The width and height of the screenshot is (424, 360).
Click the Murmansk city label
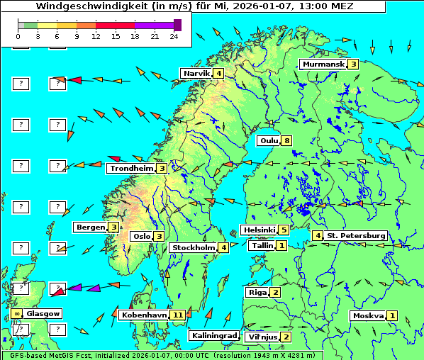[x=323, y=64]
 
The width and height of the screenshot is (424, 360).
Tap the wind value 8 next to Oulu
[x=286, y=140]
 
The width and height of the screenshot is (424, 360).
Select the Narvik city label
[x=196, y=74]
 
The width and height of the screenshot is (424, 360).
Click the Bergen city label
[x=90, y=227]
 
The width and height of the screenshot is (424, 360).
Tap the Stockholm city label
[x=192, y=247]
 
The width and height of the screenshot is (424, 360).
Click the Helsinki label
[x=258, y=230]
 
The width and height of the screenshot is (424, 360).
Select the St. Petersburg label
[x=356, y=235]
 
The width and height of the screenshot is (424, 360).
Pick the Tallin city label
[x=262, y=245]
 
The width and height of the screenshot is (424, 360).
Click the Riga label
[x=256, y=292]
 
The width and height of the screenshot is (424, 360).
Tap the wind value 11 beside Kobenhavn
[x=178, y=314]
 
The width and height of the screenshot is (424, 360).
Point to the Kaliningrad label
[x=213, y=335]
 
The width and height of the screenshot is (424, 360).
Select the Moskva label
[x=368, y=315]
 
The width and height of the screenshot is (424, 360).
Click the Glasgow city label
[x=43, y=313]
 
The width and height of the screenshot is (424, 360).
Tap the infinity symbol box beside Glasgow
[x=16, y=313]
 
